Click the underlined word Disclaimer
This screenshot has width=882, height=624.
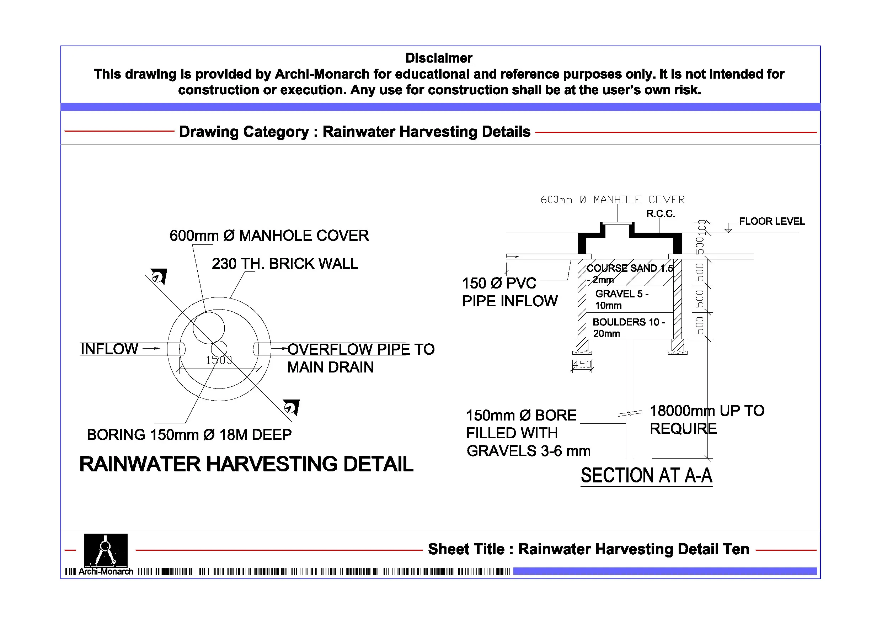(x=438, y=58)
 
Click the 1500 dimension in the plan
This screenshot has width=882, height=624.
(x=219, y=360)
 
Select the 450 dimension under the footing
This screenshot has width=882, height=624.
(x=582, y=365)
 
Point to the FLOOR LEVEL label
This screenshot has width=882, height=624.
(x=771, y=221)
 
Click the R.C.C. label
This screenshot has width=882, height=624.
(x=661, y=214)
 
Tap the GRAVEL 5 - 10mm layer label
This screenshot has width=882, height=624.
(x=621, y=300)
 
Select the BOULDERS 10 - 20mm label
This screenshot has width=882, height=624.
(x=629, y=328)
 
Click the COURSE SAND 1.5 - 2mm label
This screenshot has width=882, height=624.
(x=629, y=273)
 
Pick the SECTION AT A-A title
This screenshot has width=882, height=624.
(x=646, y=476)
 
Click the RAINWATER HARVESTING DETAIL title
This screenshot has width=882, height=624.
(x=246, y=464)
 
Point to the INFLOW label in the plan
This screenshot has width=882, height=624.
(x=109, y=349)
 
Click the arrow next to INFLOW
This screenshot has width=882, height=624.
(x=151, y=348)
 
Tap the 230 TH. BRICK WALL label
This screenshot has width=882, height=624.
(x=285, y=264)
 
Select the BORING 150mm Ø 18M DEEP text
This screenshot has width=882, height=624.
(x=189, y=435)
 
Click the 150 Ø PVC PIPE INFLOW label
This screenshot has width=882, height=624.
(x=509, y=292)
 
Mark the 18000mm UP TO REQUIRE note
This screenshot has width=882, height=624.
(x=707, y=419)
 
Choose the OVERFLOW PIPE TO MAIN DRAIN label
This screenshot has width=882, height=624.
(x=360, y=358)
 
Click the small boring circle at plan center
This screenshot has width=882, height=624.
(x=219, y=349)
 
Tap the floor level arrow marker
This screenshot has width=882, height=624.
(x=728, y=229)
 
